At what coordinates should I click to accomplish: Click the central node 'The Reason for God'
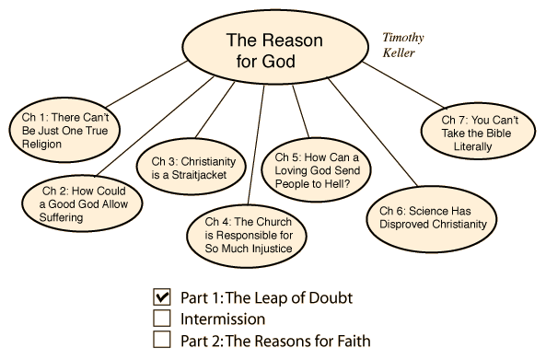275,47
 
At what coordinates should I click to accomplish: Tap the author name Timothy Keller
403,45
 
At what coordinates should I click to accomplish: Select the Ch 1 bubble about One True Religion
64,130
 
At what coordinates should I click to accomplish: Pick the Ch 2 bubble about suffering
82,203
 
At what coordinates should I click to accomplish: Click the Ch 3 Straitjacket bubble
192,168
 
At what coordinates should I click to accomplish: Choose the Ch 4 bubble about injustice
247,236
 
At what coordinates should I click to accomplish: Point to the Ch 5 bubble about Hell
316,170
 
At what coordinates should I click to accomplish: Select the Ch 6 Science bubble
432,218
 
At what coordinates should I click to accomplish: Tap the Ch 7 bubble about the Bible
478,132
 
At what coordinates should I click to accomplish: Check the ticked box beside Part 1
162,297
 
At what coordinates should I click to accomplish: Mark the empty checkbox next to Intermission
162,319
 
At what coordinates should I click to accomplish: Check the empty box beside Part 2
162,339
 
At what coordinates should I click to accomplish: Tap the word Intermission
223,319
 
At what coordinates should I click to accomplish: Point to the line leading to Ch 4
256,145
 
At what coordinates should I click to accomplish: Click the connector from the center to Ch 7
403,86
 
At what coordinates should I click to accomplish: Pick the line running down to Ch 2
155,126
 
